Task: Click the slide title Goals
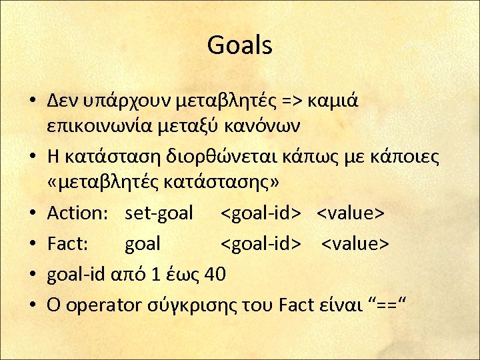239,45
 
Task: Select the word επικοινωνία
99,124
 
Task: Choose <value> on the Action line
350,213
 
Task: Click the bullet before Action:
32,214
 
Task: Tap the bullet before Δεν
32,101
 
